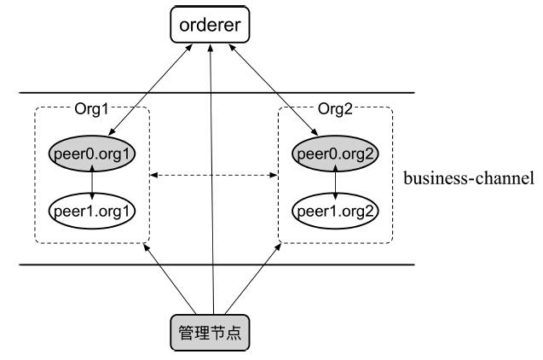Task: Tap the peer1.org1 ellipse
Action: [93, 208]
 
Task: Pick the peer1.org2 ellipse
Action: [333, 208]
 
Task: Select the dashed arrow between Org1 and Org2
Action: [213, 177]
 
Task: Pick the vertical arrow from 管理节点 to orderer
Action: [213, 171]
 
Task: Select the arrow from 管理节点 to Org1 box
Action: [174, 277]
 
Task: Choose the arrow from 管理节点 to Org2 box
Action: [251, 277]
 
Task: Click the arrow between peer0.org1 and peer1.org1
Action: [93, 181]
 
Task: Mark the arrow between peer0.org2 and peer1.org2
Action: [333, 181]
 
